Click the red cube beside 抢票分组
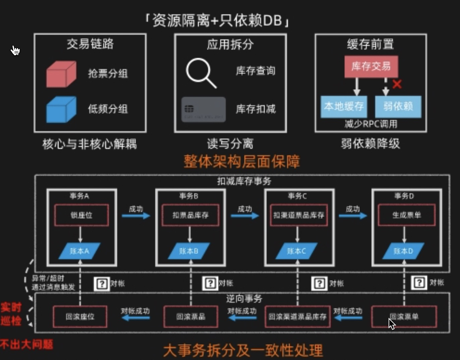(x=61, y=74)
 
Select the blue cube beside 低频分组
(x=61, y=110)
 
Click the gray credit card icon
(x=204, y=109)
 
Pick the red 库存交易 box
(x=371, y=67)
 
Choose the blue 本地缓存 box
(x=344, y=107)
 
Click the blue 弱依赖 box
(x=398, y=107)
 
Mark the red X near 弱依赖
(x=397, y=84)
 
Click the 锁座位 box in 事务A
(x=81, y=215)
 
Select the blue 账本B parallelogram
(x=189, y=251)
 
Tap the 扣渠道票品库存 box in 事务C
(x=299, y=215)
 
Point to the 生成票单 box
(x=407, y=215)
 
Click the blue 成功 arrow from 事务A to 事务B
(x=136, y=216)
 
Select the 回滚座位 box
(x=80, y=316)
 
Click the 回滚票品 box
(x=191, y=316)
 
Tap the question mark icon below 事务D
(x=419, y=283)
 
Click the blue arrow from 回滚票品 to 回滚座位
(x=135, y=317)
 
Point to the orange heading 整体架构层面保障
(x=241, y=162)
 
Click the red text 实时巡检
(x=11, y=314)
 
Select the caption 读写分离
(x=230, y=144)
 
